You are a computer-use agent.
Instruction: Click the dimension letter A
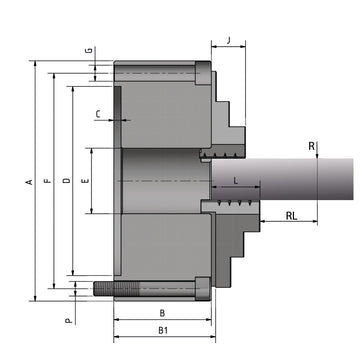(29, 181)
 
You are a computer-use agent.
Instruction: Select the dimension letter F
(47, 181)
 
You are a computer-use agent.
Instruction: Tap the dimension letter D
(65, 181)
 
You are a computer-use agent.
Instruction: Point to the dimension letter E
(84, 181)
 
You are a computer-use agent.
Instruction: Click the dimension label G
(88, 50)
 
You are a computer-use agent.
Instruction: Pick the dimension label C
(98, 115)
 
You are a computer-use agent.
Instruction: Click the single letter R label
(312, 147)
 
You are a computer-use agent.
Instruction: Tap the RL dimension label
(291, 216)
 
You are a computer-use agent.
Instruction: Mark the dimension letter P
(68, 321)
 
